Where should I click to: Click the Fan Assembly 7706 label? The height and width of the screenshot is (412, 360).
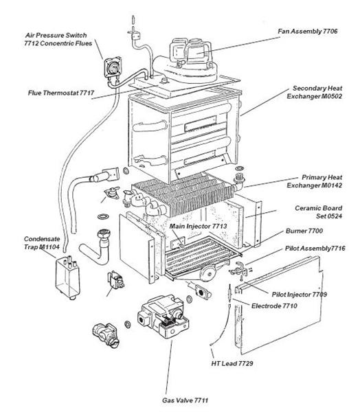[x=308, y=32]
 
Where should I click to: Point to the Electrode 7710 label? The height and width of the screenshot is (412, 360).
[x=274, y=305]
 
